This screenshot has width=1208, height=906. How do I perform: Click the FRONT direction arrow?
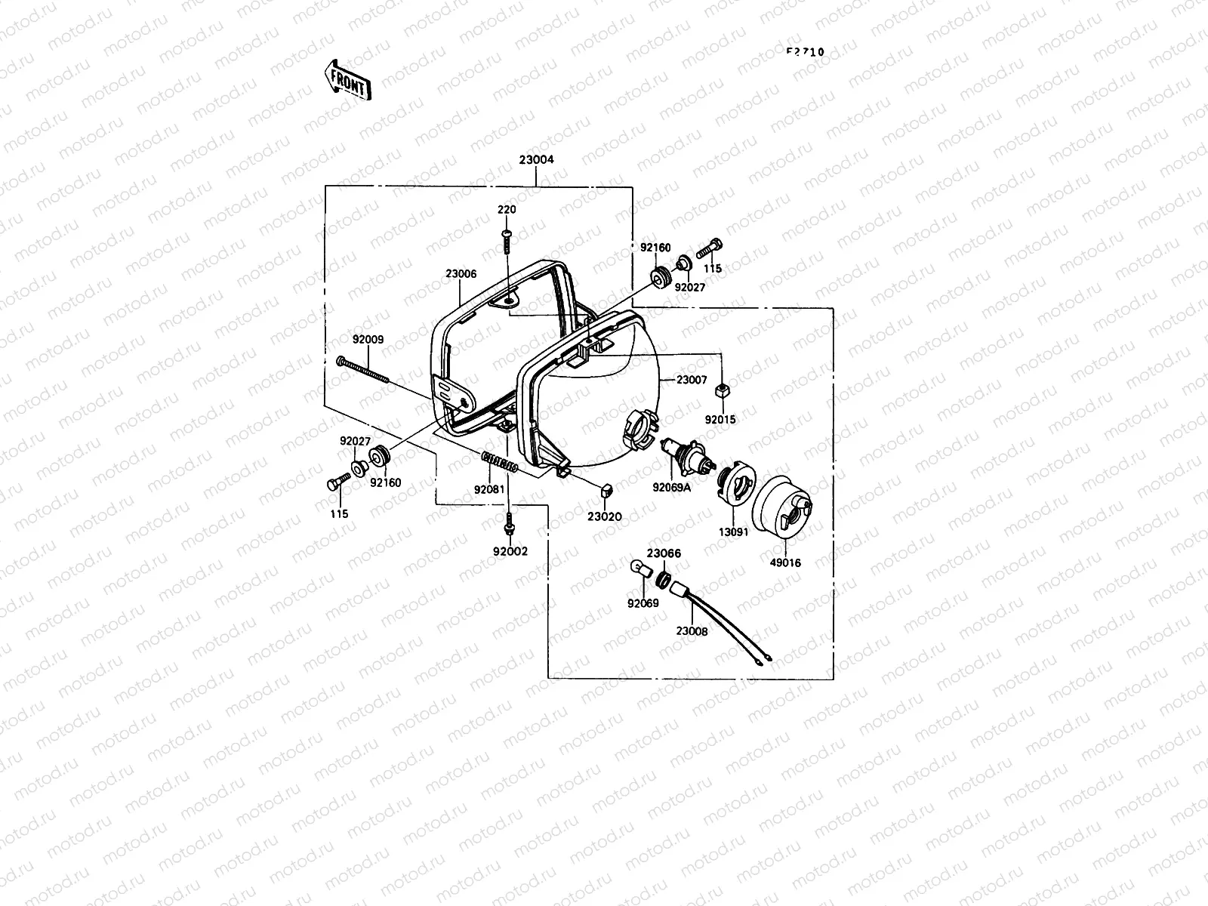coord(347,81)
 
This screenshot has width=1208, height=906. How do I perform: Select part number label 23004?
coord(536,160)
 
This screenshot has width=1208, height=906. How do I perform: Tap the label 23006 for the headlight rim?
coord(461,275)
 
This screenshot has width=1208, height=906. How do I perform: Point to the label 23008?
coord(692,631)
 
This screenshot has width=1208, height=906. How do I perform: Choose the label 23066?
coord(664,553)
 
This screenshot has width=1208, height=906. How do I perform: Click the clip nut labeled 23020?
coord(606,492)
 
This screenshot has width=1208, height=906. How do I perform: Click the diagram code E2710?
coord(805,53)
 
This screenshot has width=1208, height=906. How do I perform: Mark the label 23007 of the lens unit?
coord(692,380)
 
